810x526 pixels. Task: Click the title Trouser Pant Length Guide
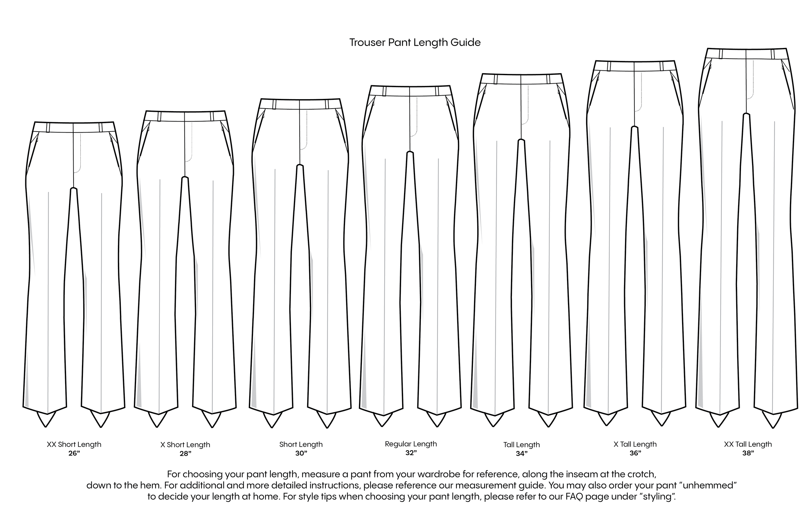[x=415, y=42]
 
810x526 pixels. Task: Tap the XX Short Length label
[x=74, y=444]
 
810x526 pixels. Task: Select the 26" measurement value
[x=74, y=453]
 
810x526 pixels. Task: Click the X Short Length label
[x=185, y=445]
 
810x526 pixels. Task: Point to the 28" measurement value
[x=185, y=454]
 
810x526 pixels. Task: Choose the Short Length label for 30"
[x=301, y=444]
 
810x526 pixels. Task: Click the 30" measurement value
[x=301, y=453]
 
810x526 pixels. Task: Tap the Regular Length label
[x=411, y=444]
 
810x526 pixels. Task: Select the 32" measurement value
[x=411, y=453]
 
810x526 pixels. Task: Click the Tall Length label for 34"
[x=521, y=445]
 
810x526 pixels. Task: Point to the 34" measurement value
[x=521, y=454]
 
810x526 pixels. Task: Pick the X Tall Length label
[x=635, y=444]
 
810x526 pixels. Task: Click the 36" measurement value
[x=635, y=453]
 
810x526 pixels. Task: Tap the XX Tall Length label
[x=748, y=444]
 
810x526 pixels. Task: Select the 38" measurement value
[x=748, y=453]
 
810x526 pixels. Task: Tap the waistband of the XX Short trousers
[x=74, y=127]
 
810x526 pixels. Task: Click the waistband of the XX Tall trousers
[x=746, y=54]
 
